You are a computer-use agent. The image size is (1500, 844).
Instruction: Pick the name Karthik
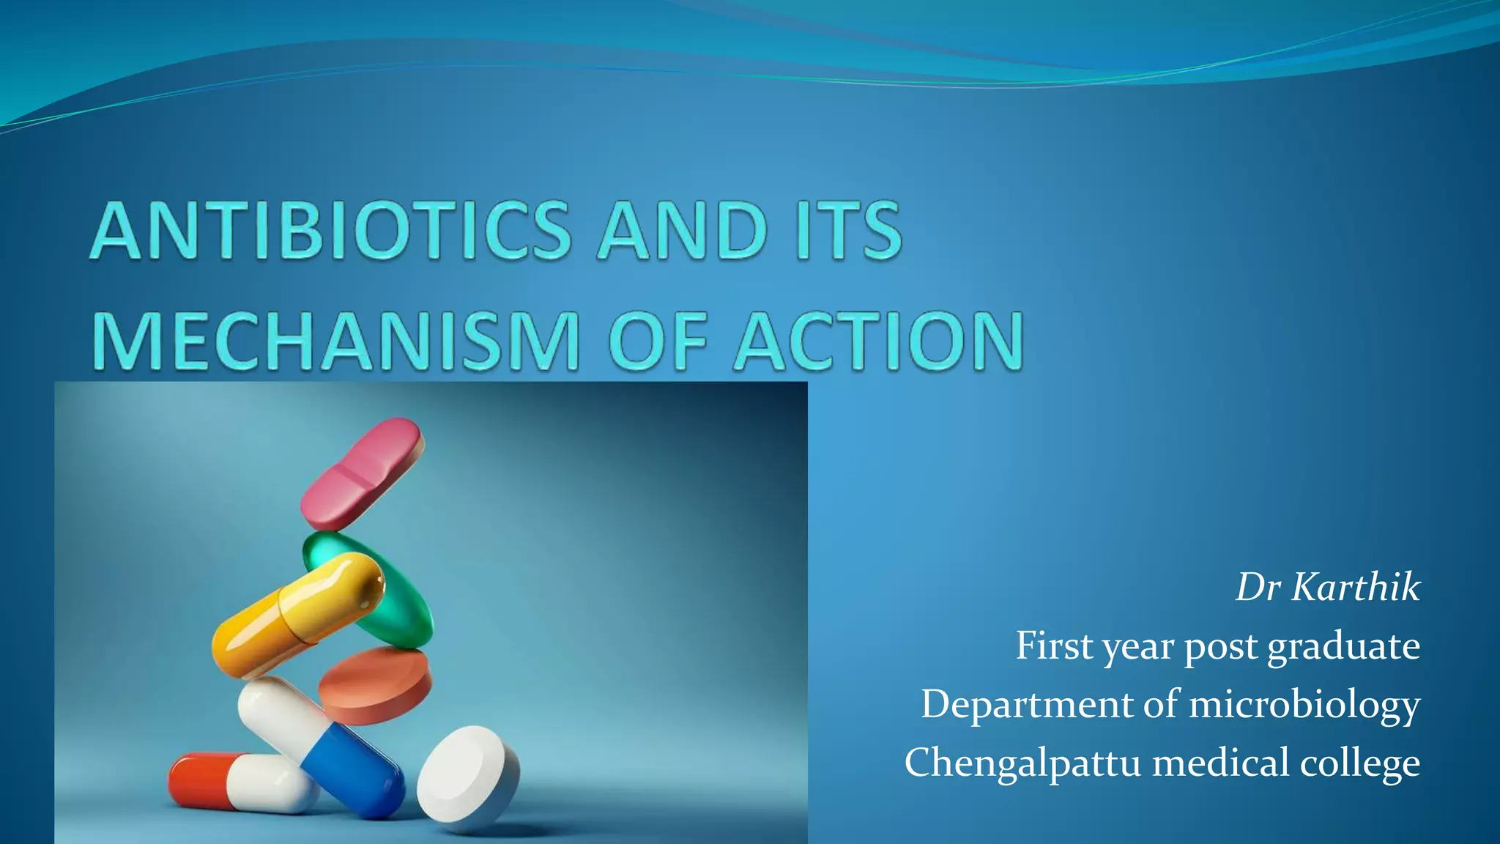[1355, 587]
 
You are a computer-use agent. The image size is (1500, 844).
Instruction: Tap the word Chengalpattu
[1022, 762]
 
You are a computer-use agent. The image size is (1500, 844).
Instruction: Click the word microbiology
[1304, 705]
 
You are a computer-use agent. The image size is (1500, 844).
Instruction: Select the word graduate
[1343, 647]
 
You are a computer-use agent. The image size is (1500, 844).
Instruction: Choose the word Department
[1027, 704]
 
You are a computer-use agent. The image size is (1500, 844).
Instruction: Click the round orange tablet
[375, 686]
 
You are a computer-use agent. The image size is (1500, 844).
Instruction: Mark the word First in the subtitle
[1054, 646]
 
